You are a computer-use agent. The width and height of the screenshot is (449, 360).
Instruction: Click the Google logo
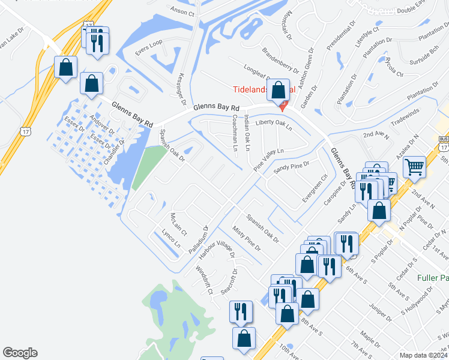(20, 353)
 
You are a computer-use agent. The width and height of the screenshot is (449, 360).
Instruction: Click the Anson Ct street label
(183, 11)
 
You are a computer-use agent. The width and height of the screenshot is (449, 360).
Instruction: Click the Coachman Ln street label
(235, 133)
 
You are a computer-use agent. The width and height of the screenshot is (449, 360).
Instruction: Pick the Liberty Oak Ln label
(273, 125)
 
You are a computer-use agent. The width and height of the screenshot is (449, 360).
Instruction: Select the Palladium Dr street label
(202, 239)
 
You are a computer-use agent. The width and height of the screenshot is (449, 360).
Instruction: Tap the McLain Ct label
(179, 224)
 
